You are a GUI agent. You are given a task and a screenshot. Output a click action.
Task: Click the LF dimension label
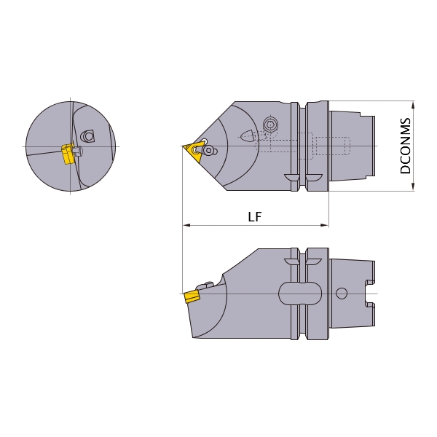point(255,216)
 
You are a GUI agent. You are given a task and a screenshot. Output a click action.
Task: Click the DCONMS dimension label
point(405,146)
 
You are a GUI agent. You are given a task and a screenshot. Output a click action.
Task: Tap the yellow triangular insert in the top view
point(193,152)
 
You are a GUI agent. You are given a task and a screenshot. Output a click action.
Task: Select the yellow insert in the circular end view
point(68,154)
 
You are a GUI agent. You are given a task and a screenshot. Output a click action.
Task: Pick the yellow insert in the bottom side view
point(192,296)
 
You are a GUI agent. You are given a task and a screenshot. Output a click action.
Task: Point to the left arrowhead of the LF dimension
point(186,225)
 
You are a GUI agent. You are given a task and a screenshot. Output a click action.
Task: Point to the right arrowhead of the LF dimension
point(325,225)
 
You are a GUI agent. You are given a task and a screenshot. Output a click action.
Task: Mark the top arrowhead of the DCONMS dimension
point(413,105)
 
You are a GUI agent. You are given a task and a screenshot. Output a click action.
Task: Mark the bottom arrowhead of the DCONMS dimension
point(413,187)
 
